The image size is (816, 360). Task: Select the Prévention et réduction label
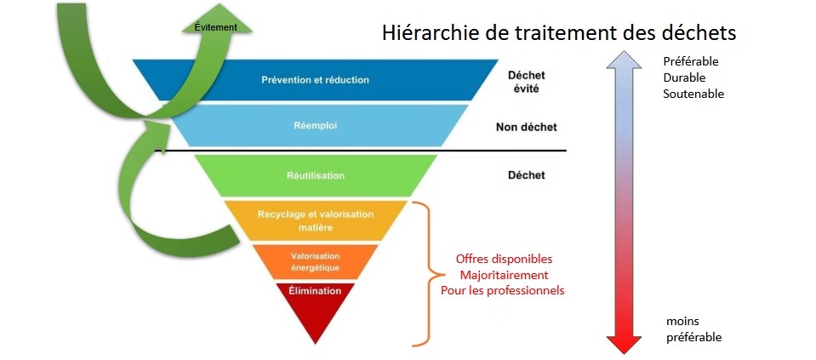[x=315, y=80]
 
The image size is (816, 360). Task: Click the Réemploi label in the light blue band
[x=316, y=126]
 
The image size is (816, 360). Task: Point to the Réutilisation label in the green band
[x=316, y=176]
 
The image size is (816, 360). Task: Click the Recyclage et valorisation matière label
[x=316, y=220]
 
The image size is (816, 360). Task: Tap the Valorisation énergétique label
[x=316, y=262]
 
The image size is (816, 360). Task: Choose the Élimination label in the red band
[x=315, y=291]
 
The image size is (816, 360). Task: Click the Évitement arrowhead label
[x=215, y=27]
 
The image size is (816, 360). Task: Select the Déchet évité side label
[x=526, y=82]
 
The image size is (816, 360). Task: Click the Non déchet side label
[x=526, y=127]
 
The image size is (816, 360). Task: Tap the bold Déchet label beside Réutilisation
[x=526, y=175]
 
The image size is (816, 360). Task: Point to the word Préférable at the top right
[x=691, y=61]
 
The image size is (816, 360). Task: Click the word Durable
[x=684, y=77]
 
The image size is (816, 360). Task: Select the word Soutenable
[x=693, y=94]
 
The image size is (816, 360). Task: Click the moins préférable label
[x=693, y=329]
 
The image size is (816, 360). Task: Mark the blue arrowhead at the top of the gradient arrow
[x=624, y=60]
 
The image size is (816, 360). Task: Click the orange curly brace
[x=431, y=274]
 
